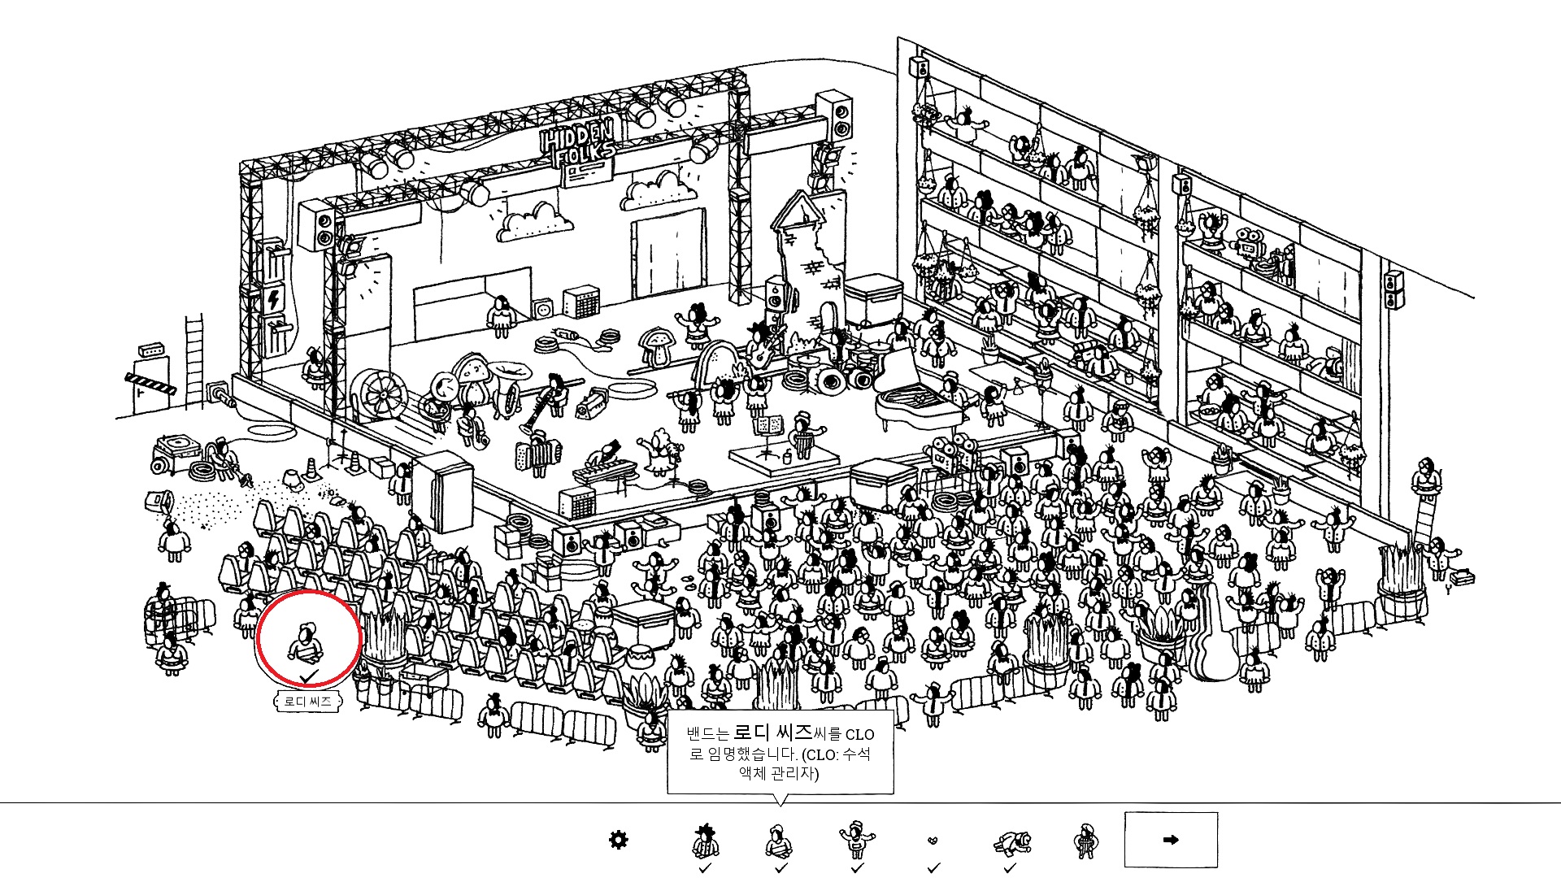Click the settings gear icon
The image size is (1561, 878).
(x=619, y=839)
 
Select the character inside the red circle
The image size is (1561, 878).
(x=306, y=642)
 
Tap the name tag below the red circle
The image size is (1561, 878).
(x=307, y=701)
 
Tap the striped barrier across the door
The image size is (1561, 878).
(x=150, y=383)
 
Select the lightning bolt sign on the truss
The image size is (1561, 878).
(x=274, y=299)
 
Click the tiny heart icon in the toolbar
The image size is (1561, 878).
(x=933, y=841)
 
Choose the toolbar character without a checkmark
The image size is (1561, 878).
(x=1085, y=841)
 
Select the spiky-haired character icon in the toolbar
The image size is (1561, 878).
(x=705, y=841)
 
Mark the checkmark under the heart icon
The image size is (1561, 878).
(x=933, y=868)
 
